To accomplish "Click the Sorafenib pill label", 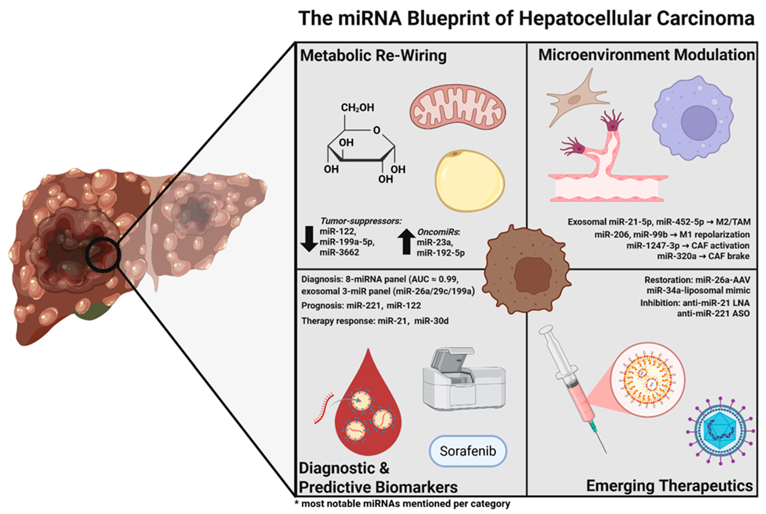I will point(468,451).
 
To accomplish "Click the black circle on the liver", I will point(102,255).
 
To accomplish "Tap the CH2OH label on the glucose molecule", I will point(357,108).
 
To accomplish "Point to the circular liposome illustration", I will point(647,380).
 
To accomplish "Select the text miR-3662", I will point(339,252).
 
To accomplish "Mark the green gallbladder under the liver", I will point(92,311).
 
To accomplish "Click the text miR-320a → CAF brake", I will point(703,256).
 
